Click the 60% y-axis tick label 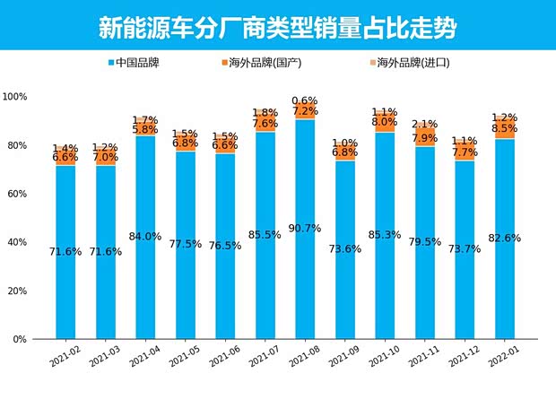[x=17, y=194]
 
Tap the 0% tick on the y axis [x=20, y=340]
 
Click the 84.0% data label [x=145, y=237]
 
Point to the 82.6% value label [x=505, y=239]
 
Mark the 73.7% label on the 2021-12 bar [x=465, y=249]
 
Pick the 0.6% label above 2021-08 [x=305, y=100]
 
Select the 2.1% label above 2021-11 [x=424, y=125]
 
